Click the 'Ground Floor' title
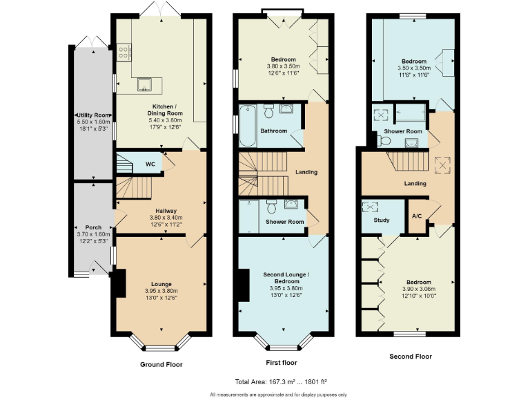(161, 364)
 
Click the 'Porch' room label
(93, 227)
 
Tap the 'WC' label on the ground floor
(150, 164)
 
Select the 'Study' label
(381, 220)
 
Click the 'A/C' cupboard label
(417, 216)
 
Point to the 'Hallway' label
(166, 211)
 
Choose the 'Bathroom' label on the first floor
(273, 131)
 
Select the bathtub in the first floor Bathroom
(246, 125)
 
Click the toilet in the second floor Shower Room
(384, 140)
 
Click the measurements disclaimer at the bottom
(278, 394)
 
